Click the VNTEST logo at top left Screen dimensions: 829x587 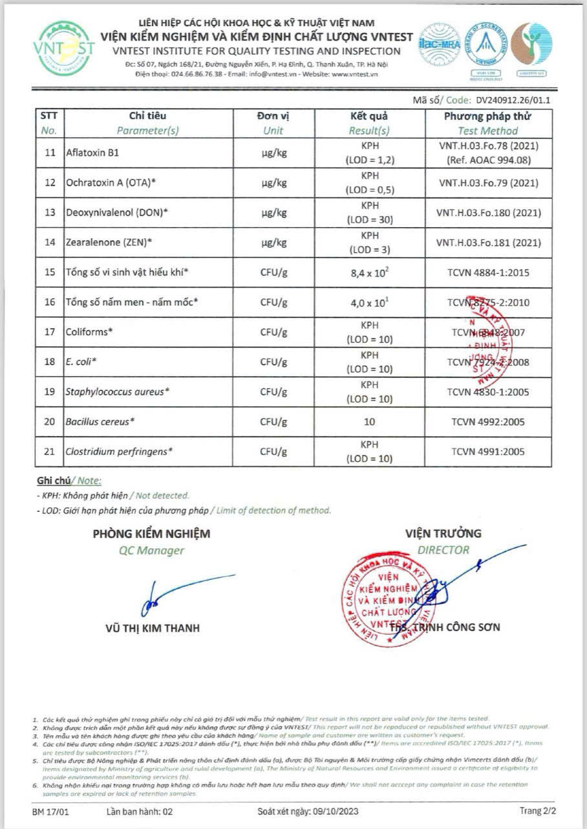coord(65,49)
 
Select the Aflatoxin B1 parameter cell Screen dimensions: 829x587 coord(92,154)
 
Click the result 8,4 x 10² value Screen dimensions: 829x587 coord(370,272)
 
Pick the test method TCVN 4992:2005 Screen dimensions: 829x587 coord(488,422)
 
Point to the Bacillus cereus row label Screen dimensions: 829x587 coord(100,422)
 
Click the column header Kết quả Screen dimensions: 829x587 coord(369,116)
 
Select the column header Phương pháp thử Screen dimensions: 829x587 coord(487,116)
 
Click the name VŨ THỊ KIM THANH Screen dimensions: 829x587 coord(152,628)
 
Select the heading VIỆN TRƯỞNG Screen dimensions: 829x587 coord(443,533)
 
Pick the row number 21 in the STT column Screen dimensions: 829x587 coord(50,452)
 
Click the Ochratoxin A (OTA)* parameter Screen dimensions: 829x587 coord(111,182)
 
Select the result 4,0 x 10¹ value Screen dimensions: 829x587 coord(370,302)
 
